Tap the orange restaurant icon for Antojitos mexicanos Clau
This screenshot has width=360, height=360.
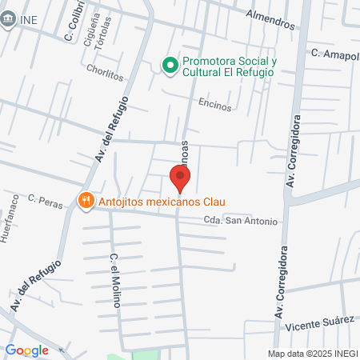[x=84, y=200]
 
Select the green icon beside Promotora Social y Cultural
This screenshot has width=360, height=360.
[x=170, y=66]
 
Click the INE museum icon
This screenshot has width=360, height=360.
[x=10, y=21]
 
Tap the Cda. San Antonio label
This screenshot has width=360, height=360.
[x=241, y=221]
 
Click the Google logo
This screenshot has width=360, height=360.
[x=26, y=350]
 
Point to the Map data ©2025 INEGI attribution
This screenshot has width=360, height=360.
[x=313, y=354]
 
